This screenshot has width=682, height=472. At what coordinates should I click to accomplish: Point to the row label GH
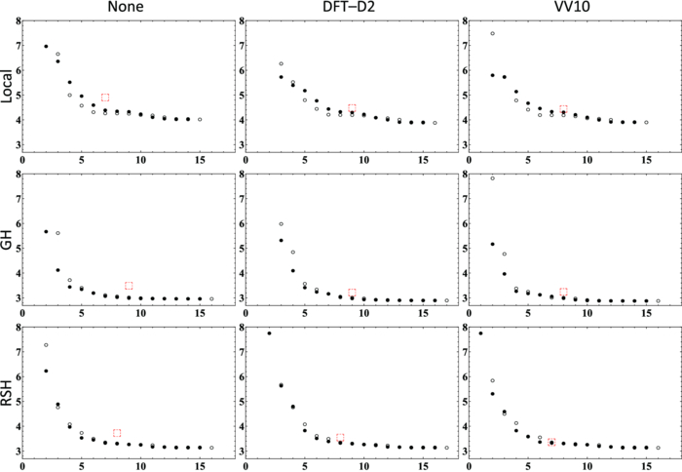coord(9,237)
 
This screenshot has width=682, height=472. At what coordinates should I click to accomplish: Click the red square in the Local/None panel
coord(105,98)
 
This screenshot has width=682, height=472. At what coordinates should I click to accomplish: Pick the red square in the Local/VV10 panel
coord(563,109)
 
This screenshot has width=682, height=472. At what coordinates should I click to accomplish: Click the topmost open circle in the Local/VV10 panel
coord(493,33)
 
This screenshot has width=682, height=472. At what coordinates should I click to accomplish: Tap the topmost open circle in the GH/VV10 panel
coord(493,178)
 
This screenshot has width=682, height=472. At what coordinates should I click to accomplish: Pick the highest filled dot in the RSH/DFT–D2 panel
coord(270,334)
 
